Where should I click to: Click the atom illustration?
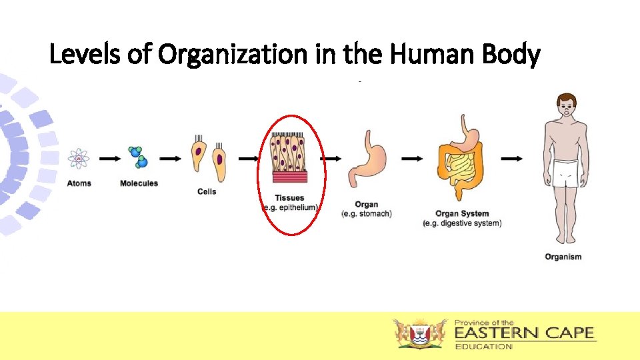click(x=79, y=159)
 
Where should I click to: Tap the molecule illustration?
click(x=139, y=157)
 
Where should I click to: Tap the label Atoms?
click(x=79, y=183)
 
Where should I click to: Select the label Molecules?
click(x=139, y=183)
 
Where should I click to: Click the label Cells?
click(x=207, y=192)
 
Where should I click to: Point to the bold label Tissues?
click(x=289, y=198)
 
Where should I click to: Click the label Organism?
click(x=563, y=257)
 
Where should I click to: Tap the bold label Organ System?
click(x=462, y=214)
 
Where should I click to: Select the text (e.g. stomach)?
click(x=367, y=214)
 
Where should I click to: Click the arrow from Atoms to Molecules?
click(x=109, y=159)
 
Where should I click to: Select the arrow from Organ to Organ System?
click(x=412, y=159)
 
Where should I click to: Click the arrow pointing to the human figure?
click(x=511, y=159)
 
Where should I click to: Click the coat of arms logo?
click(x=420, y=333)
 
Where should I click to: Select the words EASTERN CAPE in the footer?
click(x=524, y=333)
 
